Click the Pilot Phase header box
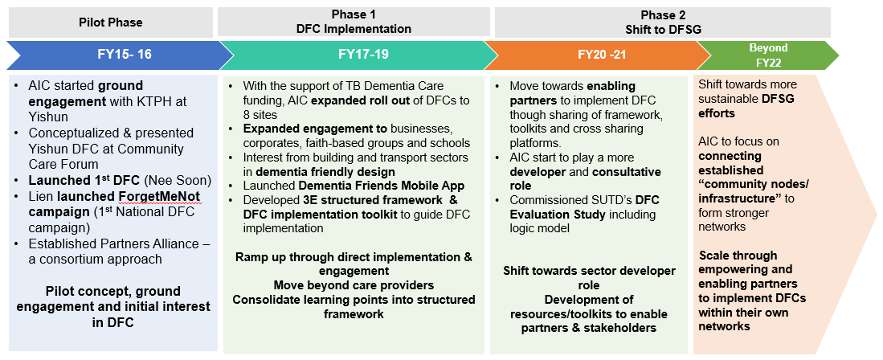coord(110,22)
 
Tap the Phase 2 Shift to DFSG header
coord(662,22)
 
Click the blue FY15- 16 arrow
coord(120,55)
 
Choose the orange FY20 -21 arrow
coord(599,55)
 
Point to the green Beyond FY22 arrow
coord(768,55)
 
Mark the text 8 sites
coord(262,114)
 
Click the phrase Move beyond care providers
coord(354,285)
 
